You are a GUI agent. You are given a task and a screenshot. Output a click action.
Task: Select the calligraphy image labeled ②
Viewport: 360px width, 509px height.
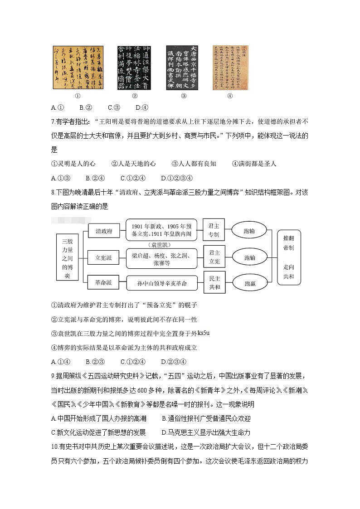click(135, 68)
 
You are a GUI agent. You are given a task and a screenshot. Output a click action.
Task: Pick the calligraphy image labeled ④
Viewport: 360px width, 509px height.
click(229, 68)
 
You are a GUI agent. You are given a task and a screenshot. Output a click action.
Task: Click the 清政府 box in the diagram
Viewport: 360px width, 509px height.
click(103, 231)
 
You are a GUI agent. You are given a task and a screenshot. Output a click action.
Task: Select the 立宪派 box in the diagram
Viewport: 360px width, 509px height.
click(103, 257)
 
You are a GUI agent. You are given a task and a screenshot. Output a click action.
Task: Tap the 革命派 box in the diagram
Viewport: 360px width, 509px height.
click(103, 283)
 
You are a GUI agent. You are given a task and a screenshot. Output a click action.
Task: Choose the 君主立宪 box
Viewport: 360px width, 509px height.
click(214, 257)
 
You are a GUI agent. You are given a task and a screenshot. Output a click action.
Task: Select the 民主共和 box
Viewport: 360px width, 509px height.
click(214, 283)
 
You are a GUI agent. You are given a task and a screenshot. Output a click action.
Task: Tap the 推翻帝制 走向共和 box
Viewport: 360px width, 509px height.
click(288, 257)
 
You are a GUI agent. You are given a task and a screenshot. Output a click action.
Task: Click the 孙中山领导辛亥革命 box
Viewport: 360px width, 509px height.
click(162, 283)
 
